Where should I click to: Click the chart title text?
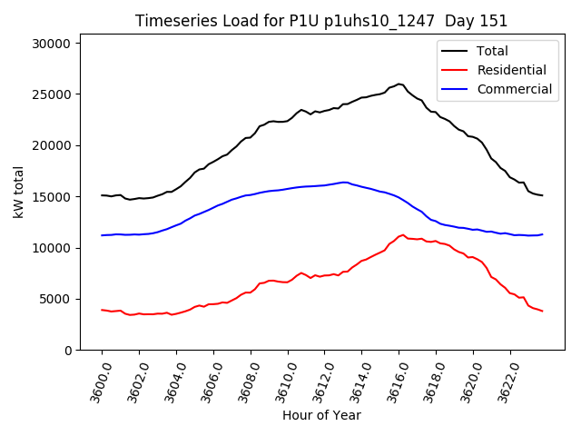[321, 21]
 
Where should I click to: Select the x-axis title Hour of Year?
[321, 415]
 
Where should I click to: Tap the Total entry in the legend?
[493, 51]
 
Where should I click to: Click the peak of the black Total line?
[399, 84]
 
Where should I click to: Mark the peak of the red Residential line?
[402, 234]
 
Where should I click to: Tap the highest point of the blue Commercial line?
[345, 182]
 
